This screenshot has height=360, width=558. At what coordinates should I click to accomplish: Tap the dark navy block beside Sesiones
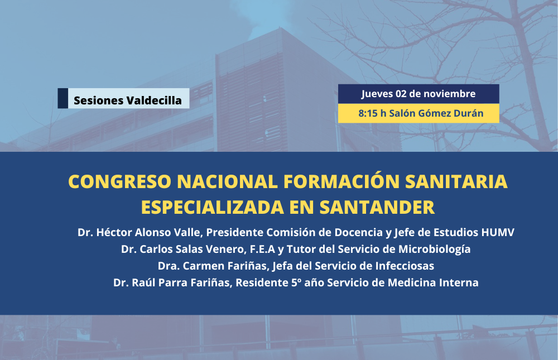pyautogui.click(x=62, y=98)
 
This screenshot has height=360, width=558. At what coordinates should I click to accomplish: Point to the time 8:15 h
pyautogui.click(x=372, y=113)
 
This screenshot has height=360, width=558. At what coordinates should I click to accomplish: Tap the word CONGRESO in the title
pyautogui.click(x=120, y=181)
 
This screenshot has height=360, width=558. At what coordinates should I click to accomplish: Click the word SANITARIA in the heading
pyautogui.click(x=456, y=181)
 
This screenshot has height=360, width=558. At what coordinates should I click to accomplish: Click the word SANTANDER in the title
pyautogui.click(x=377, y=207)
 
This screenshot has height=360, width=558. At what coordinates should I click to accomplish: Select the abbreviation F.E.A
pyautogui.click(x=263, y=249)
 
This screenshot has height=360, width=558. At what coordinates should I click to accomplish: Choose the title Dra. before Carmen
pyautogui.click(x=169, y=266)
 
